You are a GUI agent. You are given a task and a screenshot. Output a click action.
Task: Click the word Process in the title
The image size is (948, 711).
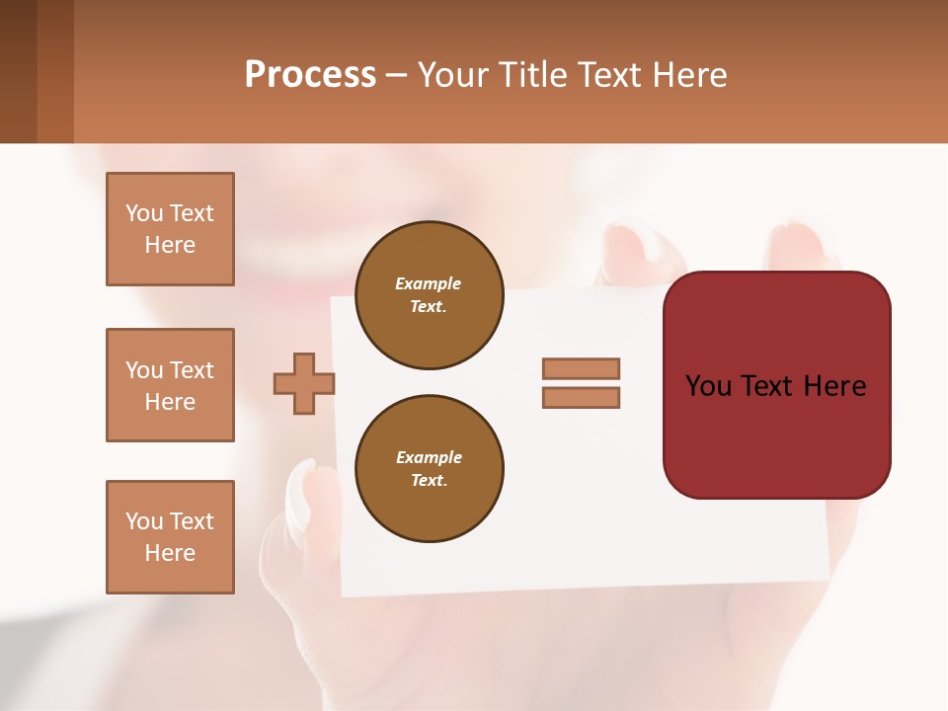coord(310,74)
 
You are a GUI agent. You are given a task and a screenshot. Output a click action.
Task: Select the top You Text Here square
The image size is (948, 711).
coord(170,229)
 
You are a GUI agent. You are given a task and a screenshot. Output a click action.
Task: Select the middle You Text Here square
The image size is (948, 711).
coord(170,385)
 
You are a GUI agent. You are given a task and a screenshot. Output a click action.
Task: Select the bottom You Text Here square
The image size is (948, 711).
coord(170,537)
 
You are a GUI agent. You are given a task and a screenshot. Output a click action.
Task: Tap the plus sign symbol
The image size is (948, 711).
coord(304,383)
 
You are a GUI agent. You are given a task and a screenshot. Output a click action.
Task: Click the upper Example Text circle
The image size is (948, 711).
coord(429,294)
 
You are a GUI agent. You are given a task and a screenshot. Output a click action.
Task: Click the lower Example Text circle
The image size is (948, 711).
coord(429,469)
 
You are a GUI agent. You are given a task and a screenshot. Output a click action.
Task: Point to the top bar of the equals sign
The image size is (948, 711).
coord(581,368)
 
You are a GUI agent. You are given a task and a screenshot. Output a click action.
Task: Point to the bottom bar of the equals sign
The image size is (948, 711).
coord(581,397)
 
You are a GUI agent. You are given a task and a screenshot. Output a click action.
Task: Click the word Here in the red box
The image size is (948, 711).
coord(834,386)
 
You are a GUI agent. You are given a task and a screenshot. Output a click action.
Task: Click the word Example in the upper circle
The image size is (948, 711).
coord(429,283)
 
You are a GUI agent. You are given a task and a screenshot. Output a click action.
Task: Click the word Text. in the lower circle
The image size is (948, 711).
coord(429,481)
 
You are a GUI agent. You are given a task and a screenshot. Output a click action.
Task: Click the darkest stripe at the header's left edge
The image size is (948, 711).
coord(18,71)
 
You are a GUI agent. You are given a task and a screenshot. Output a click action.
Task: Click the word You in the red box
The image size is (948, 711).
coord(709,386)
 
